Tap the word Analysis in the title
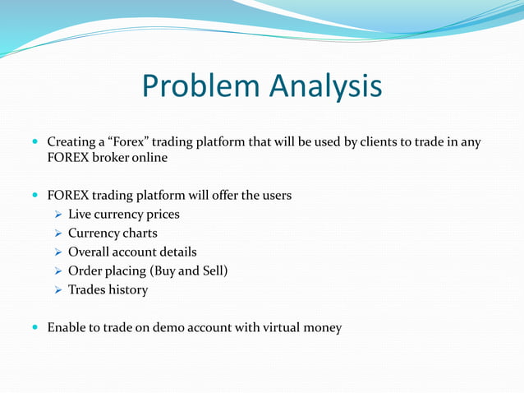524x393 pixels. tap(326, 87)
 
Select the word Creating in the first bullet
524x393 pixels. tap(72, 142)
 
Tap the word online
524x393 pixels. tap(150, 158)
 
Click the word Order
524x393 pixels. tap(85, 271)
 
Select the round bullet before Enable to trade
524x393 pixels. tap(34, 328)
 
